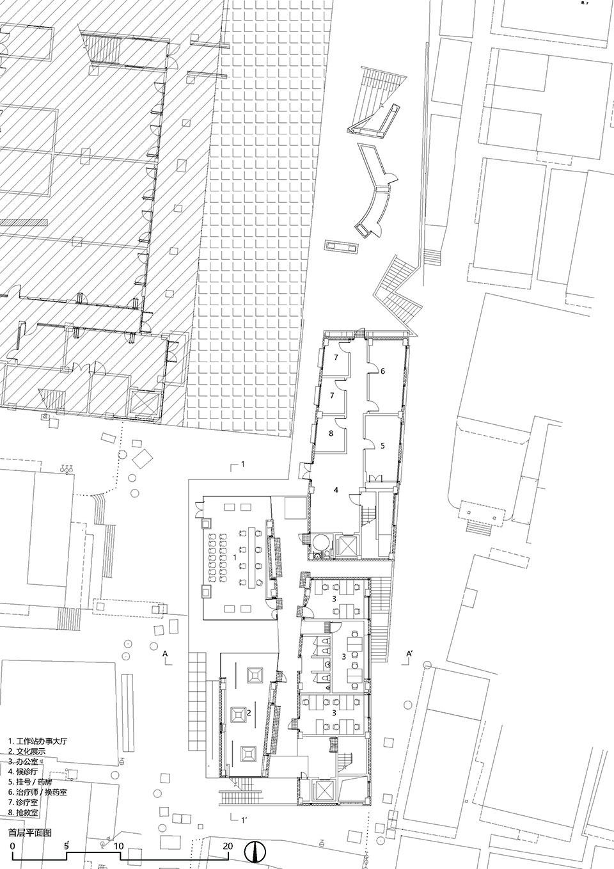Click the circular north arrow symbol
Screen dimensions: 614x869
point(255,849)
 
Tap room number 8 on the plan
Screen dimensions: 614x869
point(331,434)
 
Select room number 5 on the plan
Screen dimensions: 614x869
point(382,446)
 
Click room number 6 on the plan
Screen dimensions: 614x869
point(382,371)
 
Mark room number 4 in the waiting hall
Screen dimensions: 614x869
point(336,490)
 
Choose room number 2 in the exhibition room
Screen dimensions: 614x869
point(249,713)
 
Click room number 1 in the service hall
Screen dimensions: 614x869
point(235,557)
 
